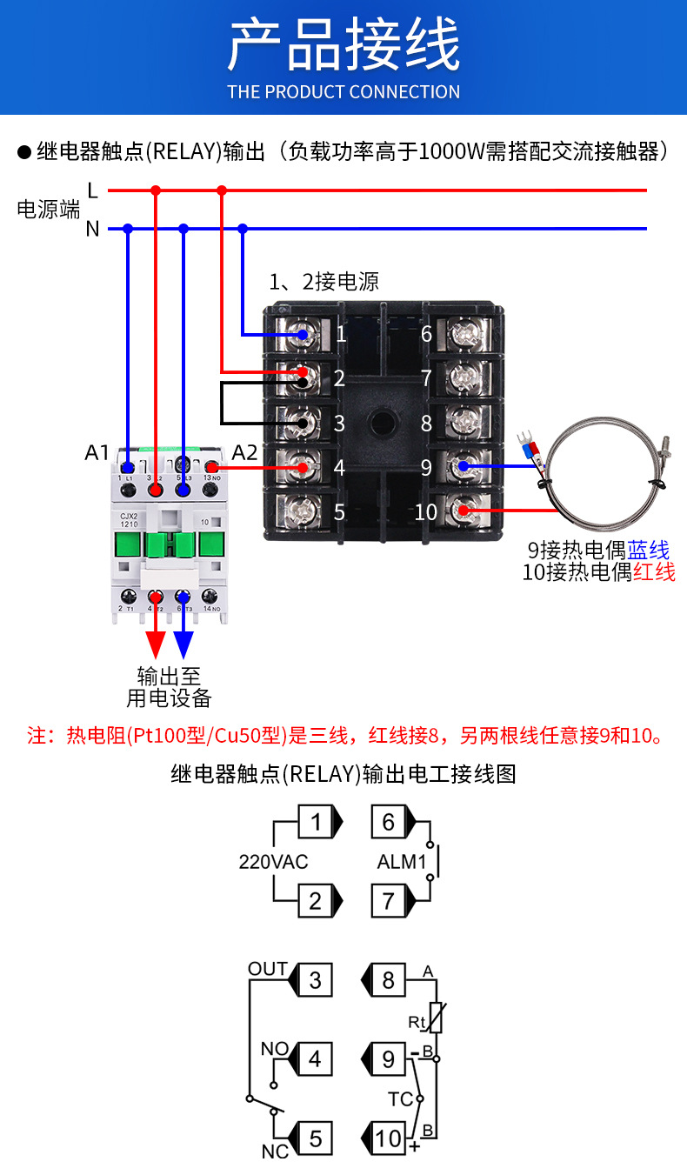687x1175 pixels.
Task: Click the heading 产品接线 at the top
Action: point(343,45)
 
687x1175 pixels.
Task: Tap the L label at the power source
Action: point(93,189)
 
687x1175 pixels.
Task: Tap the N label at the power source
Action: point(92,230)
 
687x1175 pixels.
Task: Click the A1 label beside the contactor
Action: point(97,453)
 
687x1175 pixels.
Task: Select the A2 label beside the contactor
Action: point(245,453)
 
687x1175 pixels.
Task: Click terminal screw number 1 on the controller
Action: point(302,335)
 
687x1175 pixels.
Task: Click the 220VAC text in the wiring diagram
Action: point(273,863)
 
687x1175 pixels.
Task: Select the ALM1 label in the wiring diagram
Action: point(401,863)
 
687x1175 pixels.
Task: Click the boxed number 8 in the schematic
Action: point(388,981)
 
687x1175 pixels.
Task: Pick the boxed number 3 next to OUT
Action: point(315,981)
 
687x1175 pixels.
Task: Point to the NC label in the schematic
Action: point(275,1152)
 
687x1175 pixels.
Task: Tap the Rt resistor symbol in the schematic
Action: point(436,1018)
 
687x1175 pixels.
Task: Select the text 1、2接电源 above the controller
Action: point(323,282)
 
